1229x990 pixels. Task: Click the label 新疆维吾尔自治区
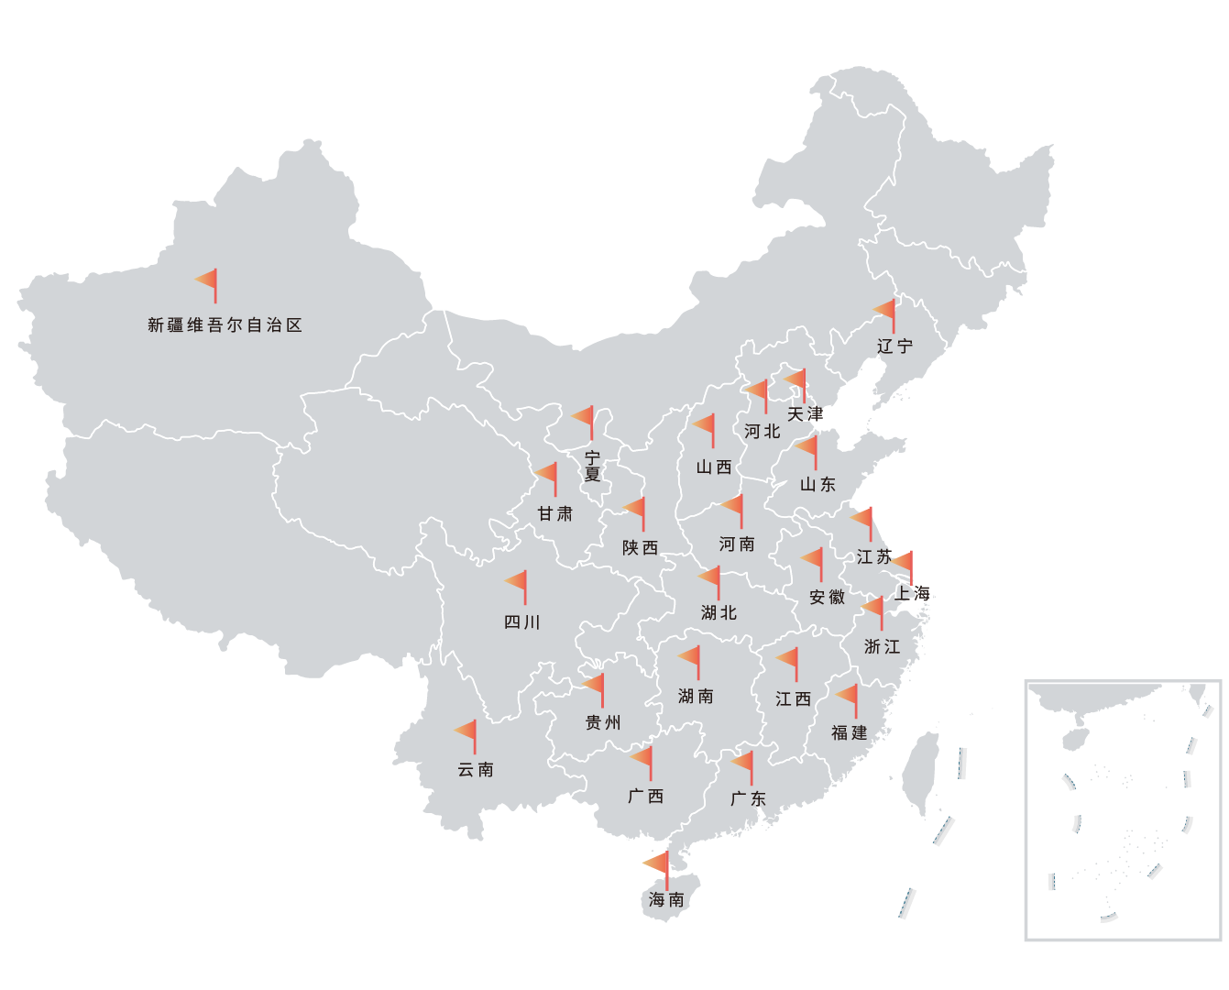click(x=225, y=325)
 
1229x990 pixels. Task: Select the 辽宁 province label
click(x=894, y=346)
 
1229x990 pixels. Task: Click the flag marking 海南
click(x=658, y=863)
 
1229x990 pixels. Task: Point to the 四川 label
click(x=522, y=622)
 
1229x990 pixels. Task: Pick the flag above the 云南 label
click(x=467, y=732)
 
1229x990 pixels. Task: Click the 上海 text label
click(x=913, y=594)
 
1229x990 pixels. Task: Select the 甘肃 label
click(x=555, y=514)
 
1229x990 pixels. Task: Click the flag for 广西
click(x=643, y=758)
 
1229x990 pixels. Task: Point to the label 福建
click(x=850, y=733)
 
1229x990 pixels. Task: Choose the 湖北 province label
click(x=719, y=613)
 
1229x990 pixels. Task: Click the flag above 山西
click(x=706, y=426)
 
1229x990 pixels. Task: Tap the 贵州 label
click(x=603, y=723)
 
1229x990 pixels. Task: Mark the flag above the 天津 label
click(x=796, y=379)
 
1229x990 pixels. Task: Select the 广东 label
click(x=748, y=799)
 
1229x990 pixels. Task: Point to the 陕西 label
click(x=641, y=548)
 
